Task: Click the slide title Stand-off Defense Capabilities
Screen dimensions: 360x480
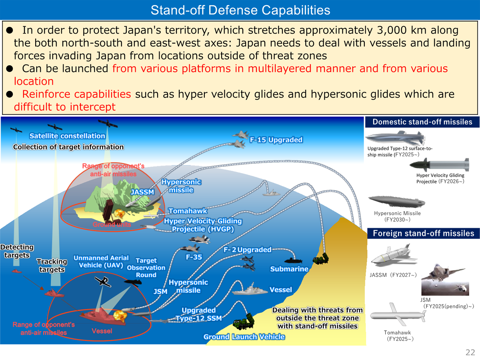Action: click(240, 10)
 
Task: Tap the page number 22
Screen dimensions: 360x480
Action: click(470, 352)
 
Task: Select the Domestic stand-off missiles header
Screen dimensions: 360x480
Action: click(422, 122)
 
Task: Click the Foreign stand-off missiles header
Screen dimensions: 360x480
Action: click(423, 233)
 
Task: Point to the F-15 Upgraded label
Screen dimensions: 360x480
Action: click(276, 140)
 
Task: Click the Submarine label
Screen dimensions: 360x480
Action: click(289, 269)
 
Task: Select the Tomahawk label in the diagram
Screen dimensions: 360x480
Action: click(188, 211)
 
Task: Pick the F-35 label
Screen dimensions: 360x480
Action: click(194, 257)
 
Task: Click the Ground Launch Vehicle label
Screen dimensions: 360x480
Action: click(244, 337)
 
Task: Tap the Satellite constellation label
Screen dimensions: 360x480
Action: click(67, 136)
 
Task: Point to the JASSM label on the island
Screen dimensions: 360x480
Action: click(142, 192)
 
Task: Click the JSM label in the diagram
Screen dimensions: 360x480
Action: click(160, 292)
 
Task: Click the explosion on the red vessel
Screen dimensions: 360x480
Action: click(119, 315)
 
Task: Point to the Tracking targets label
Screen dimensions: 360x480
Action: click(52, 266)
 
